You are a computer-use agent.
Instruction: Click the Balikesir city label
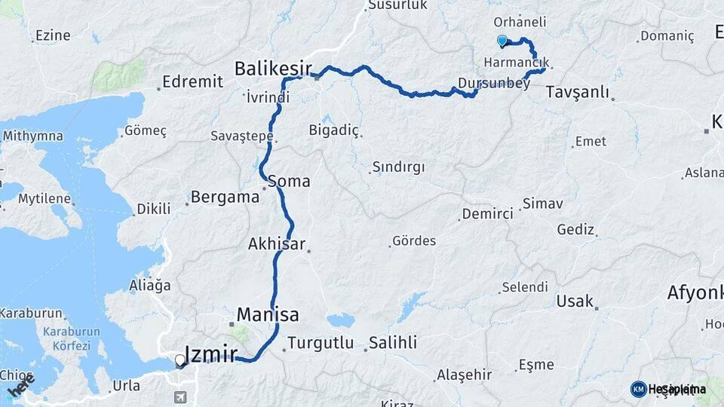[272, 69]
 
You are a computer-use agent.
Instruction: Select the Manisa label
[268, 314]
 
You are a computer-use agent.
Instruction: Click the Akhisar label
[276, 243]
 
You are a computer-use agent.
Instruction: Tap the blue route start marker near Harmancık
[502, 41]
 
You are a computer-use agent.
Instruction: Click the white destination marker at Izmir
[180, 360]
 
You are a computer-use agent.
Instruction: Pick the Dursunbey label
[493, 84]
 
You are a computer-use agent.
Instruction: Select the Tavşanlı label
[576, 92]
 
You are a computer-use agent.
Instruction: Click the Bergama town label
[225, 197]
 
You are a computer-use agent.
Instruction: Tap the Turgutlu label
[321, 343]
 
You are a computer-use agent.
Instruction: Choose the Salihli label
[392, 343]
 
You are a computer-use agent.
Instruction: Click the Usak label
[575, 301]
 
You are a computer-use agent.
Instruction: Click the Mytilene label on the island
[44, 200]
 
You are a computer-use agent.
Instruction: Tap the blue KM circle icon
[639, 389]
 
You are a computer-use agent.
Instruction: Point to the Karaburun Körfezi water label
[66, 339]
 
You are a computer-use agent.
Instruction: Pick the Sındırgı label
[398, 167]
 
